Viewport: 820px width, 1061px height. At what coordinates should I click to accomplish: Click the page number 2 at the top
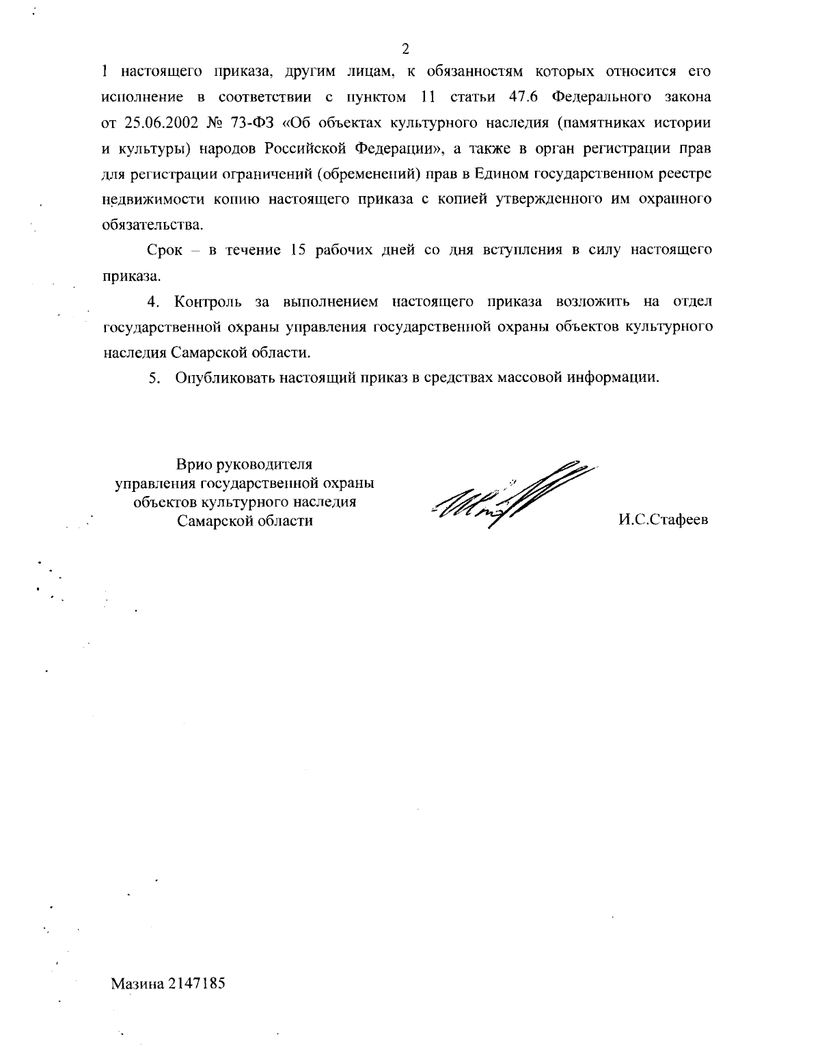tap(405, 49)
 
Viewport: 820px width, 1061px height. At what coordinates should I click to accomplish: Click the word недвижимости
tap(140, 199)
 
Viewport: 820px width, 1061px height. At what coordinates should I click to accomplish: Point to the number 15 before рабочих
tap(297, 250)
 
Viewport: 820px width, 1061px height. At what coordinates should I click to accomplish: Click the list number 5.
tap(154, 378)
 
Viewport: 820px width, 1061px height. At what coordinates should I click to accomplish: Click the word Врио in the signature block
tap(194, 465)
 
